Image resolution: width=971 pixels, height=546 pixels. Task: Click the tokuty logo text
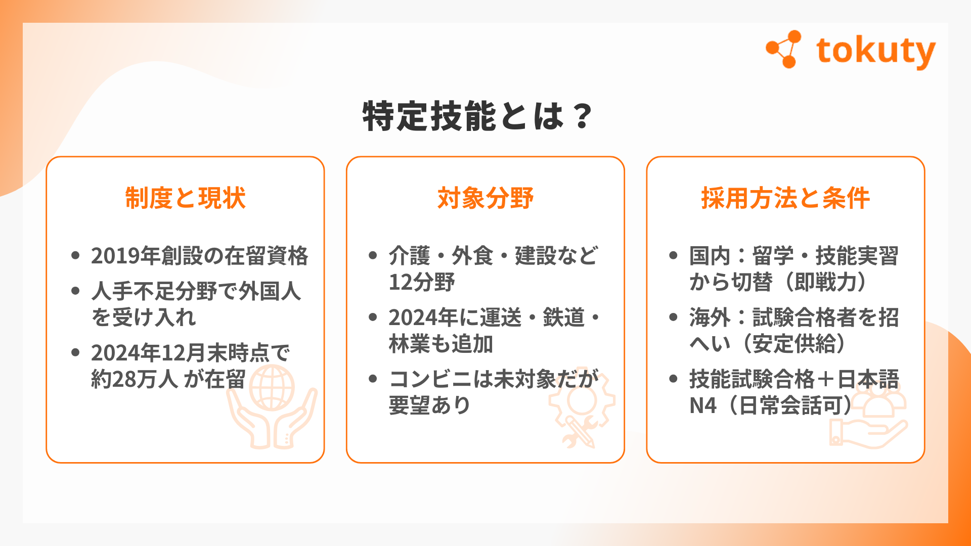[x=875, y=52]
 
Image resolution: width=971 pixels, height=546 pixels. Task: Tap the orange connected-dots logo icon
[x=783, y=49]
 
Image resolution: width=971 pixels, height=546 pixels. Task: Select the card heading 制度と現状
[x=185, y=198]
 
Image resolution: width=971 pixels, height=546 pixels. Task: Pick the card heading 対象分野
[x=485, y=198]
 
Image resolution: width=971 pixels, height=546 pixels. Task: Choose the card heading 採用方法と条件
[x=785, y=198]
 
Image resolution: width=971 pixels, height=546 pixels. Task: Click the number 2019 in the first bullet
[x=115, y=256]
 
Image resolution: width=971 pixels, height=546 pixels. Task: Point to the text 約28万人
[x=134, y=379]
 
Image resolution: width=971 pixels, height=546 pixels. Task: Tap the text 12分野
[x=422, y=282]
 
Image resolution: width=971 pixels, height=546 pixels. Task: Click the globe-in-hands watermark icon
[x=272, y=407]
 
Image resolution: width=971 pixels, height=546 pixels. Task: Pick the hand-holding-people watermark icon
[x=868, y=417]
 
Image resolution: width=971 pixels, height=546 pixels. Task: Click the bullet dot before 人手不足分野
[x=75, y=291]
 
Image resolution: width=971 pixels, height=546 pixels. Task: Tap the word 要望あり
[x=430, y=405]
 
